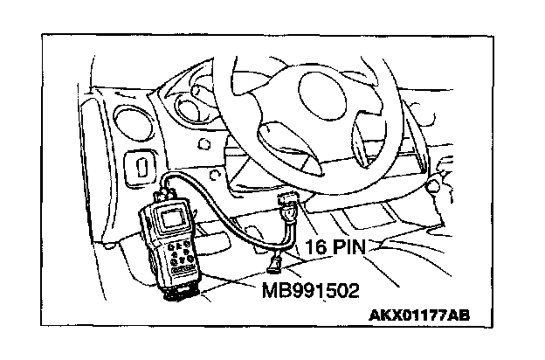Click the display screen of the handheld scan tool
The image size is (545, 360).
[172, 217]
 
